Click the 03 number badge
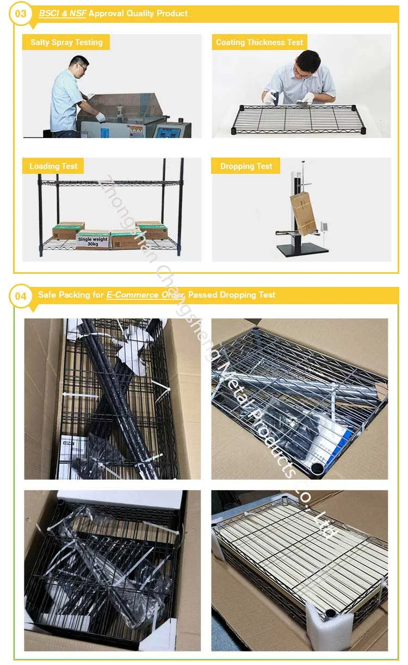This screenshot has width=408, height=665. click(20, 15)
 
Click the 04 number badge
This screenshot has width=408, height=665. click(20, 297)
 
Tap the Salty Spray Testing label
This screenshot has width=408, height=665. click(66, 42)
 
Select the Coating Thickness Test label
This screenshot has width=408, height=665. click(259, 42)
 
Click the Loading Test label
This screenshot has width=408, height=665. click(53, 166)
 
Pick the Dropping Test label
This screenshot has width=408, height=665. click(246, 166)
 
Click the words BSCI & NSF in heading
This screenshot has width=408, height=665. click(62, 13)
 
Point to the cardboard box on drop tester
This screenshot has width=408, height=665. click(304, 213)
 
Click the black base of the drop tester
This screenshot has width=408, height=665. click(302, 250)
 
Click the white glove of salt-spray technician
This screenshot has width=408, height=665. click(100, 116)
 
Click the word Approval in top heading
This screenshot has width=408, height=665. click(107, 13)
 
